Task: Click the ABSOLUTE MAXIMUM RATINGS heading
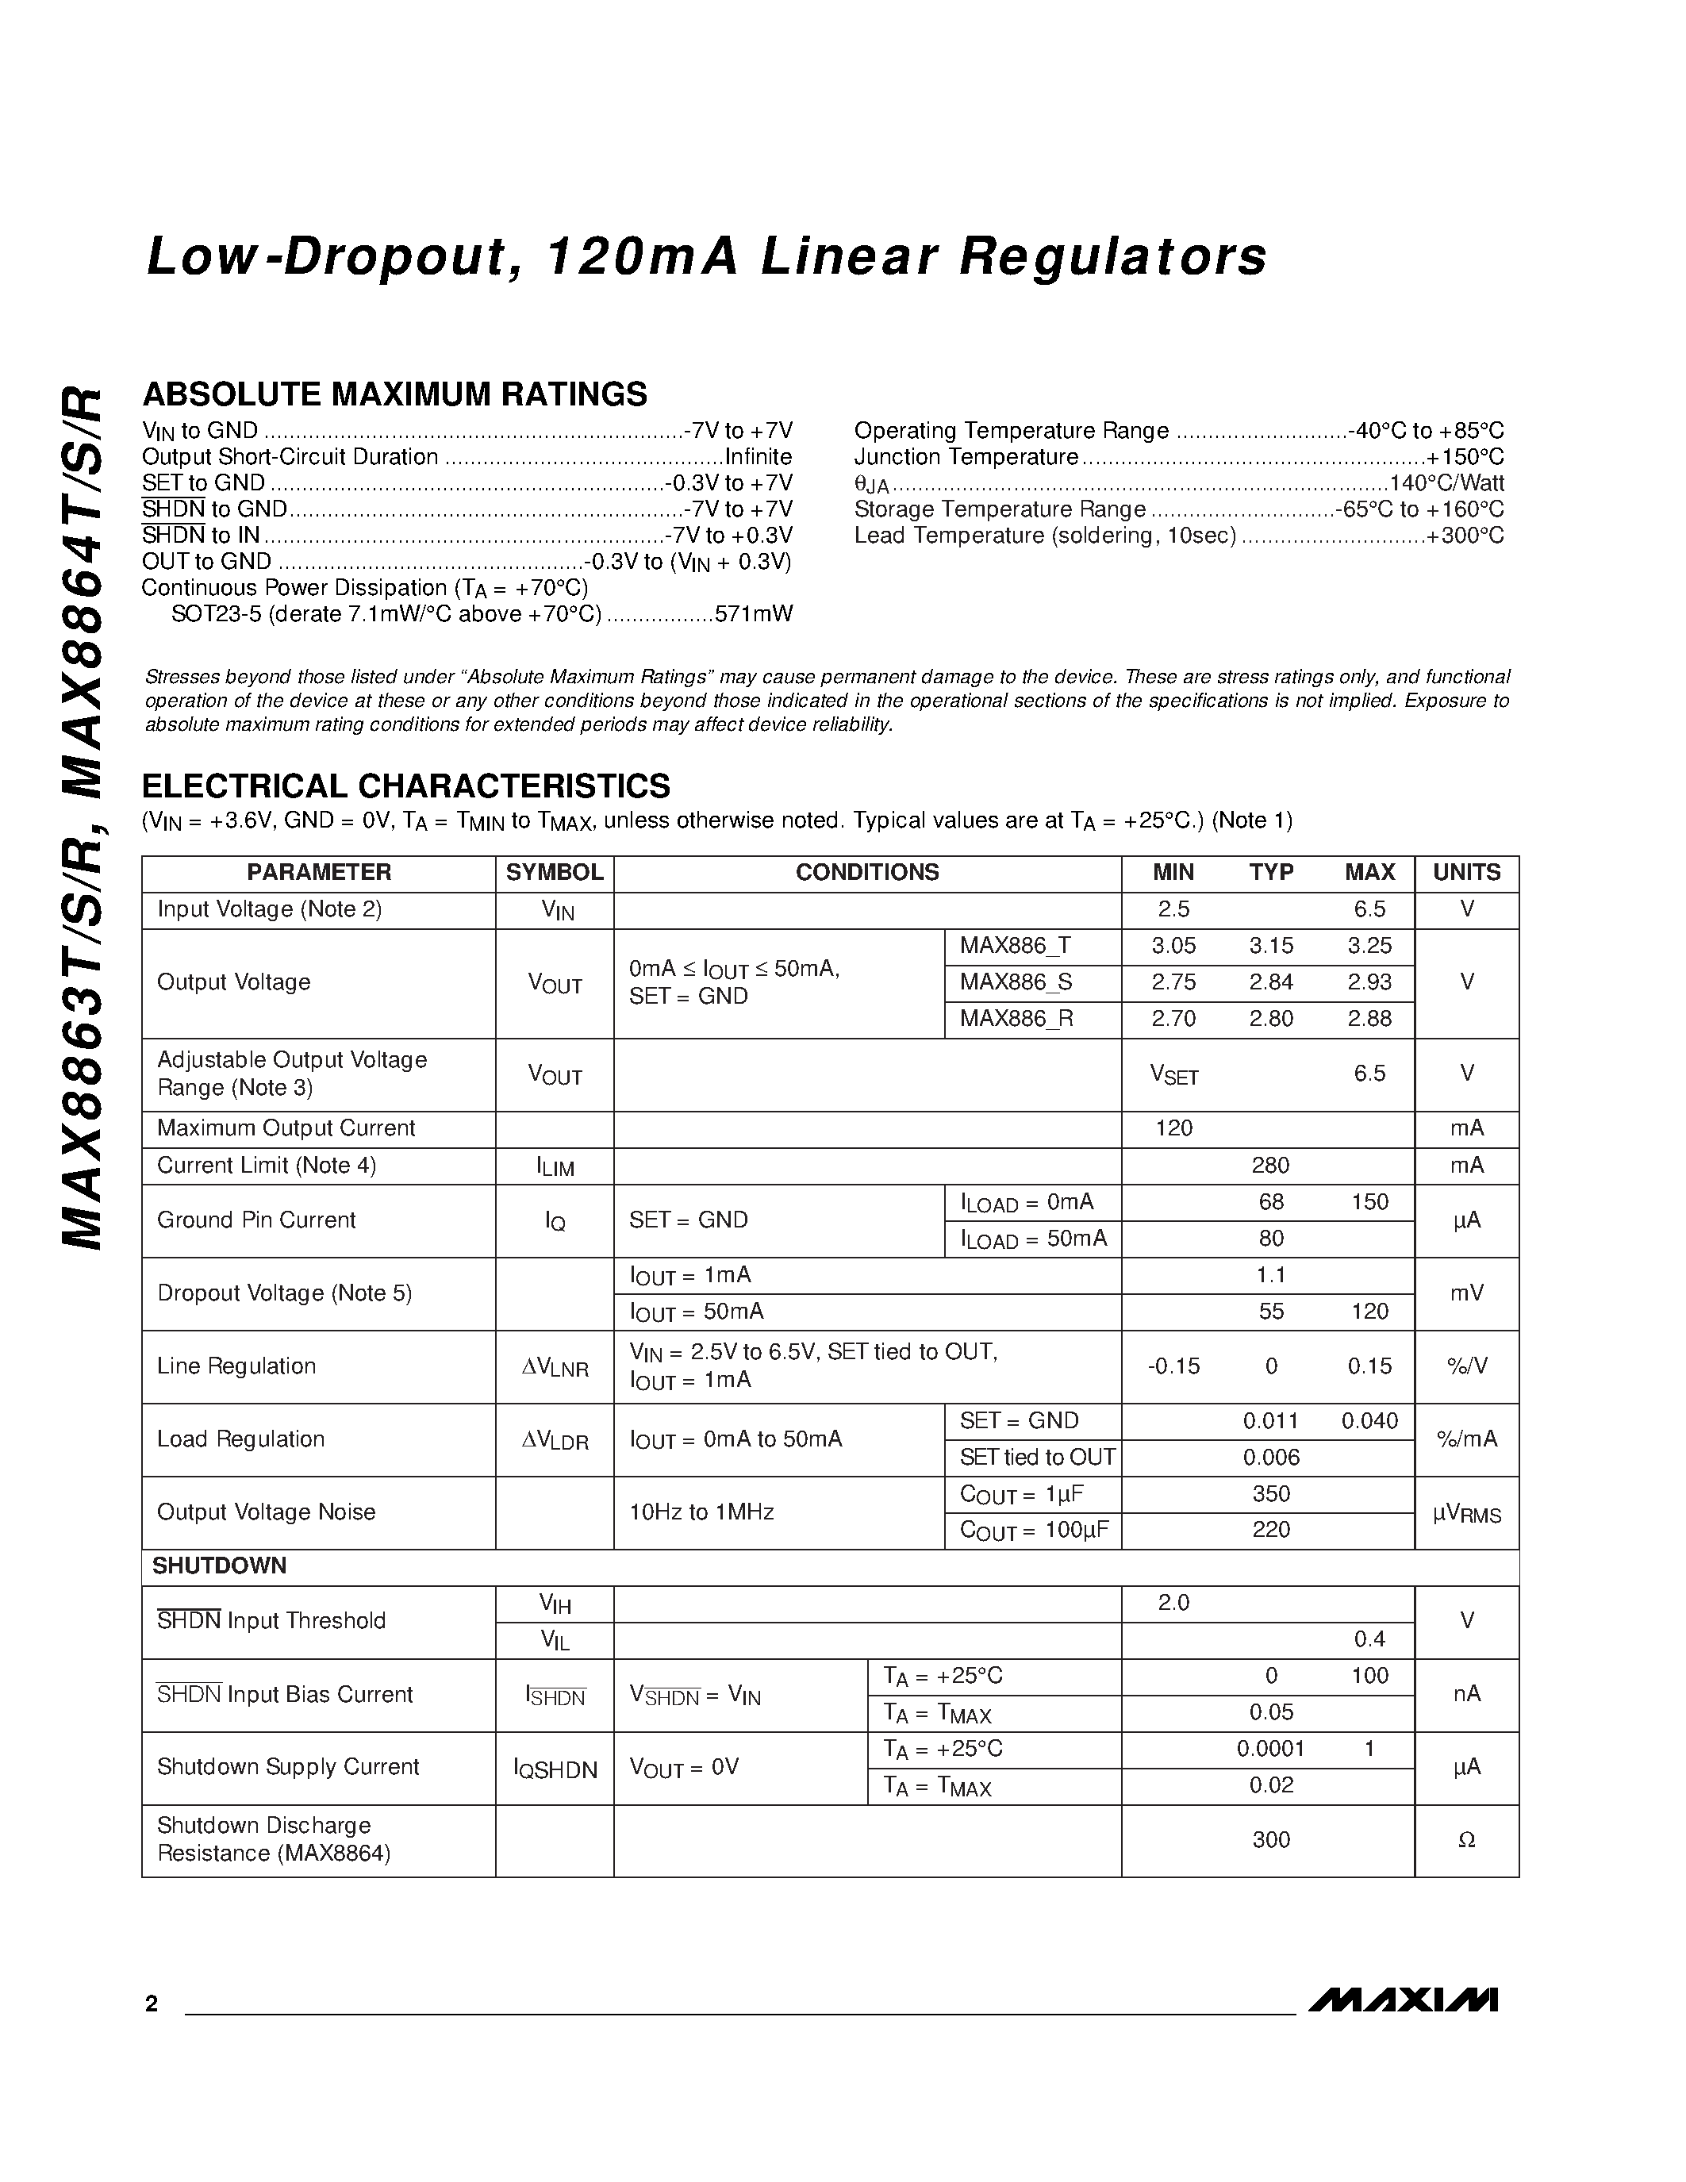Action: pyautogui.click(x=394, y=394)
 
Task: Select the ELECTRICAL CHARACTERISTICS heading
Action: pyautogui.click(x=406, y=786)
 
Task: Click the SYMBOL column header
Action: pyautogui.click(x=555, y=872)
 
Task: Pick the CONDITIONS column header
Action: pyautogui.click(x=867, y=872)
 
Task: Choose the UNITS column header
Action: pyautogui.click(x=1466, y=872)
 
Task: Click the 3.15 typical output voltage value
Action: pyautogui.click(x=1270, y=945)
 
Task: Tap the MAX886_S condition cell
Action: pyautogui.click(x=1016, y=982)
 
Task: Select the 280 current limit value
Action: pyautogui.click(x=1270, y=1165)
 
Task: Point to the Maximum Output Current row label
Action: pyautogui.click(x=286, y=1128)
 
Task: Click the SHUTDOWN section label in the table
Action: pyautogui.click(x=219, y=1565)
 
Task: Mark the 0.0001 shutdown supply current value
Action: pyautogui.click(x=1270, y=1749)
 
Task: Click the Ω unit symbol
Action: pyautogui.click(x=1466, y=1840)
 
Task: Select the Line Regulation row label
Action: pyautogui.click(x=236, y=1366)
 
